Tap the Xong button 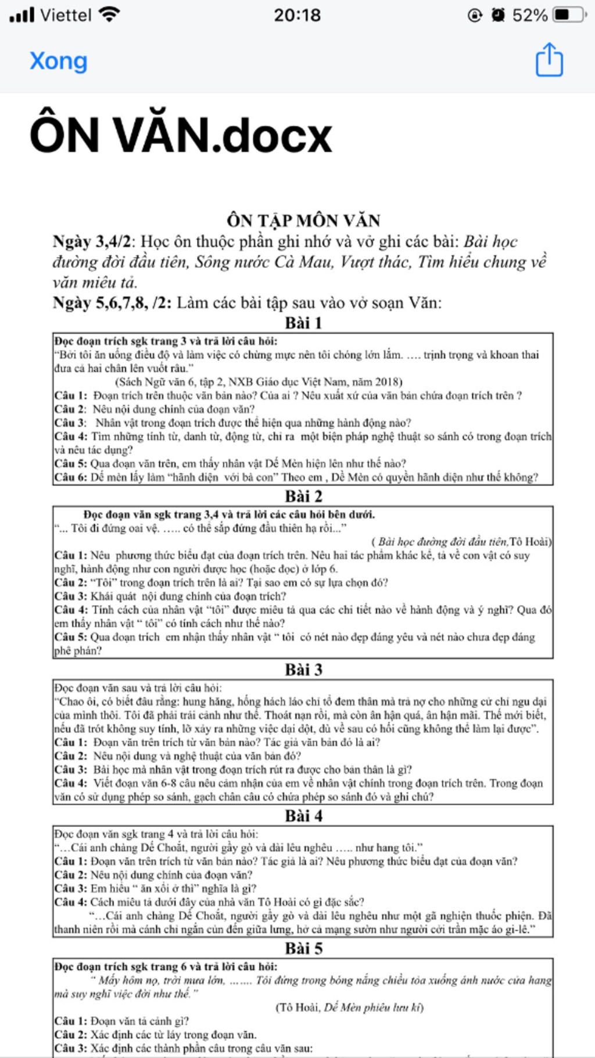tap(59, 61)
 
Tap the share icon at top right tap(549, 60)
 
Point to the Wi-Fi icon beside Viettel tap(109, 14)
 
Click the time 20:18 tap(297, 15)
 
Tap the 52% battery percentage tap(529, 15)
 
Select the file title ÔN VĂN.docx tap(181, 135)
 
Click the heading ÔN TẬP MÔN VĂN tap(303, 221)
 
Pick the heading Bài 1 tap(303, 323)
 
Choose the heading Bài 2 tap(303, 496)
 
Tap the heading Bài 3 tap(303, 670)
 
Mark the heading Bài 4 tap(303, 816)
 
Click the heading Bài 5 tap(303, 948)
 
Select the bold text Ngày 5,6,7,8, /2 tap(112, 303)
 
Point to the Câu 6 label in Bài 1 tap(70, 477)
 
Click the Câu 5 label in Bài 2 tap(70, 637)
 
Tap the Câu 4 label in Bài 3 tap(70, 783)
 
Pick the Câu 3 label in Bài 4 tap(70, 888)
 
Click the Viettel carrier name tap(66, 15)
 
